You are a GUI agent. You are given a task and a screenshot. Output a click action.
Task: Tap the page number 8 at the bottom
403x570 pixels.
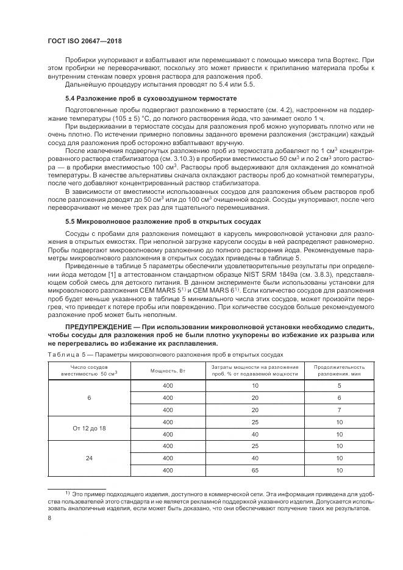49,518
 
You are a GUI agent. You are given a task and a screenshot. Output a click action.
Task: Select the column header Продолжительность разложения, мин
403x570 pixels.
339,371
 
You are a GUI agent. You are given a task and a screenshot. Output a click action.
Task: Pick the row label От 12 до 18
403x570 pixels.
89,428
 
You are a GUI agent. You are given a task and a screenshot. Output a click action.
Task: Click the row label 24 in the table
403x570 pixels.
89,457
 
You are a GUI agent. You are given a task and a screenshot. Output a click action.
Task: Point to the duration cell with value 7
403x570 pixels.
339,410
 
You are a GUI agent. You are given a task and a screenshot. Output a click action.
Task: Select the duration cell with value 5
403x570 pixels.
339,386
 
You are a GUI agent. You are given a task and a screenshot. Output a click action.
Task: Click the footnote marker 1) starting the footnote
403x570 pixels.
68,491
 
